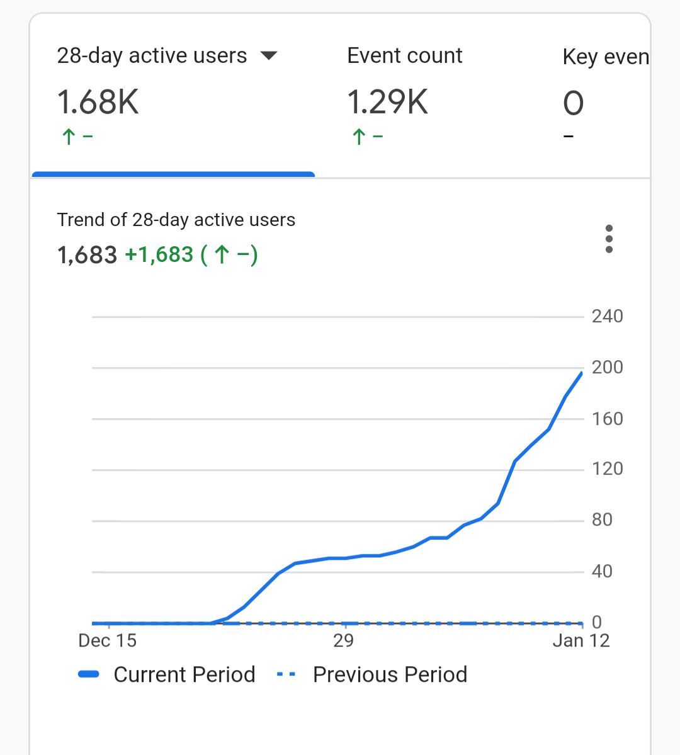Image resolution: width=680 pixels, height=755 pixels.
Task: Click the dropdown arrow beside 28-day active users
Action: coord(269,56)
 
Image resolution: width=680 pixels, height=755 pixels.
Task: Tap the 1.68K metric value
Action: coord(98,102)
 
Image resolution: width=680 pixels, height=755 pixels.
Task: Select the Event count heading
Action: coord(404,55)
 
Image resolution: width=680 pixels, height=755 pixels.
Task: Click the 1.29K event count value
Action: coord(388,102)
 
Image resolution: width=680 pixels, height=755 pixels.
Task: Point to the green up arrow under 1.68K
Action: coord(69,136)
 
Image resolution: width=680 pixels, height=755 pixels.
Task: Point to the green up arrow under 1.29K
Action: coord(359,136)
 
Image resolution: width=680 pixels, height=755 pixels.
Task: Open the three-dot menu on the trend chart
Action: coord(609,239)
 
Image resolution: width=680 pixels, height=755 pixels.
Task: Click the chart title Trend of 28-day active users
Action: coord(176,220)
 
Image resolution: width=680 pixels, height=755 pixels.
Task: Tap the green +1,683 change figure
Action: coord(159,254)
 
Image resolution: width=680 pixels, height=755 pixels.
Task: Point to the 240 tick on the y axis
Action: coord(608,316)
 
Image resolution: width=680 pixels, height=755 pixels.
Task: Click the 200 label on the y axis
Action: coord(608,367)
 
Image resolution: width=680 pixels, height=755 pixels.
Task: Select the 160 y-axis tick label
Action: coord(608,418)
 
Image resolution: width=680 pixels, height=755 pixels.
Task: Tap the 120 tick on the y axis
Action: coord(608,468)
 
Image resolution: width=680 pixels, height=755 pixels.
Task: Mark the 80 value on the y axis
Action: coord(602,519)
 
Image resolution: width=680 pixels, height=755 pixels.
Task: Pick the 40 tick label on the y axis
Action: coord(602,571)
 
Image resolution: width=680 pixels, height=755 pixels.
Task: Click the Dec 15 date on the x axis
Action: coord(108,640)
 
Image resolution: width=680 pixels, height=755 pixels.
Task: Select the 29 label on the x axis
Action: coord(343,640)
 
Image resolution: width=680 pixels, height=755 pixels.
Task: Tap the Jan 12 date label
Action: coord(581,640)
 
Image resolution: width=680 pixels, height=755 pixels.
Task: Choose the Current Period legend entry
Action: coord(167,674)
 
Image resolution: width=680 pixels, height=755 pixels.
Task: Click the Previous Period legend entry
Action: coord(371,674)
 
